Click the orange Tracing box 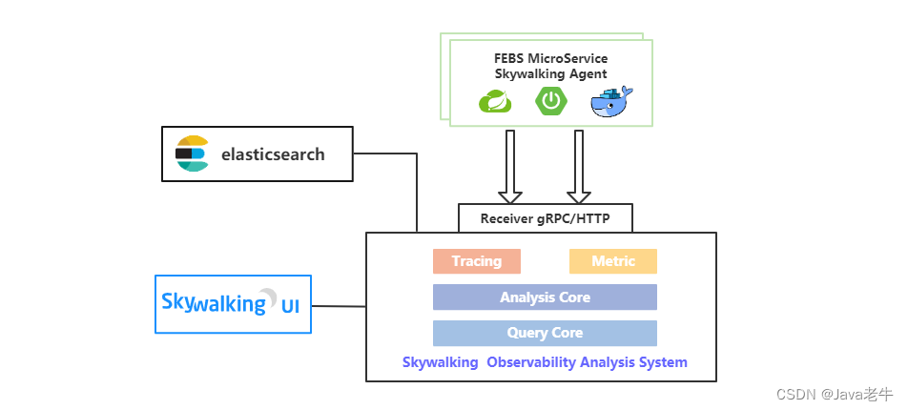pyautogui.click(x=476, y=261)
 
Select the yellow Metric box pyautogui.click(x=612, y=261)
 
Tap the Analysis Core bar pyautogui.click(x=545, y=297)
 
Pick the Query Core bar pyautogui.click(x=545, y=333)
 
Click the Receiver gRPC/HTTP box pyautogui.click(x=545, y=218)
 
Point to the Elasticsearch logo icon pyautogui.click(x=192, y=154)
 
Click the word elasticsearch pyautogui.click(x=273, y=154)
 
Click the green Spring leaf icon pyautogui.click(x=495, y=101)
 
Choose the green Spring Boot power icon pyautogui.click(x=552, y=100)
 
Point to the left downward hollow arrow pyautogui.click(x=510, y=167)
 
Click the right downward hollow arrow pyautogui.click(x=578, y=167)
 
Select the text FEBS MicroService pyautogui.click(x=551, y=58)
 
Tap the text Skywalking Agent pyautogui.click(x=551, y=73)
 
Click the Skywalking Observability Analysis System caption pyautogui.click(x=545, y=362)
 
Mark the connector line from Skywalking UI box pyautogui.click(x=339, y=306)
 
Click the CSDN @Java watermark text pyautogui.click(x=835, y=394)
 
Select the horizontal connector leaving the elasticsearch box pyautogui.click(x=384, y=154)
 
